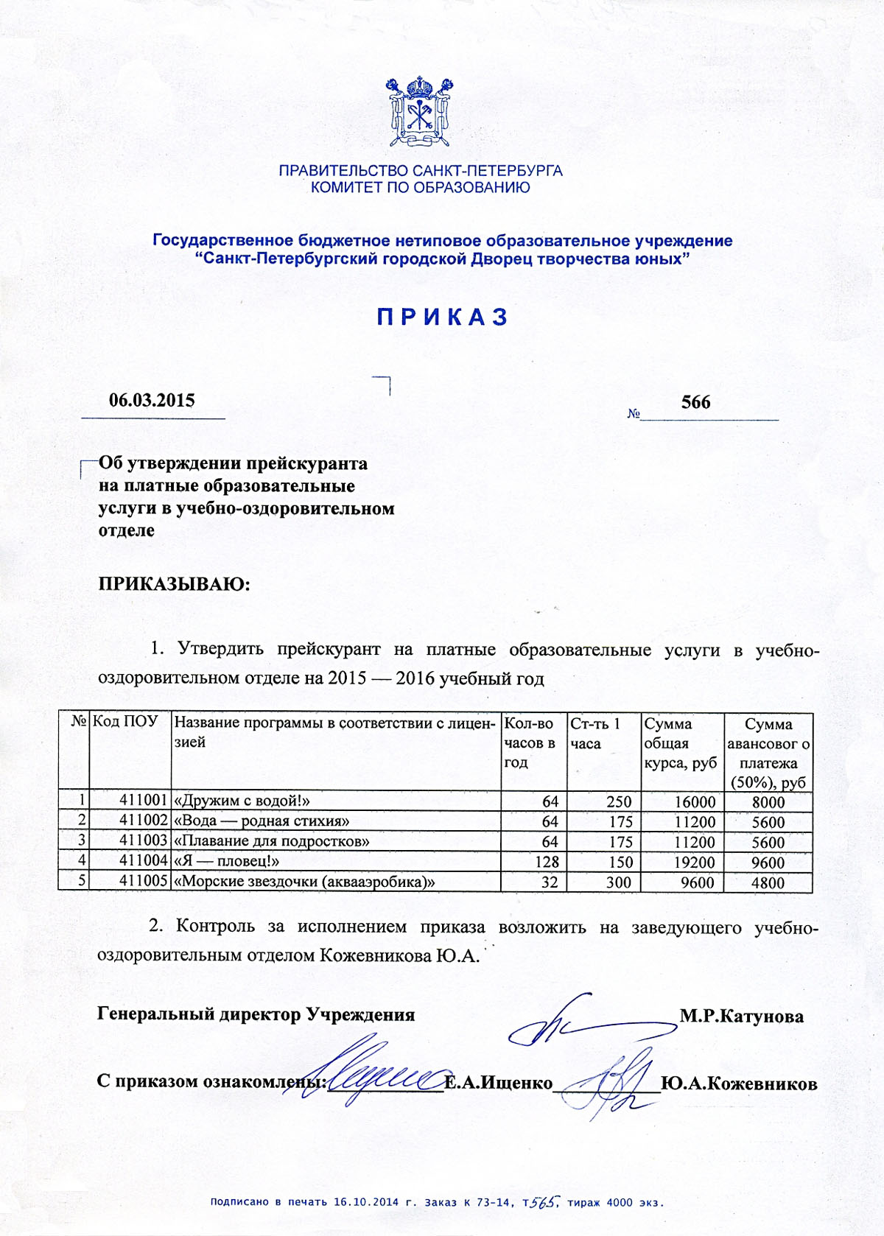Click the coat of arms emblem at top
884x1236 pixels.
pos(420,112)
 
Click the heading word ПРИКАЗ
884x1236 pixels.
pos(443,317)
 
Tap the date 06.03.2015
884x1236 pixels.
pos(152,401)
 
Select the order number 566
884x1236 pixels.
pos(695,402)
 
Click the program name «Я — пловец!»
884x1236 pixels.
pos(226,861)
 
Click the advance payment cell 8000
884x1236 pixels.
pos(768,802)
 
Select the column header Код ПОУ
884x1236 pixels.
pos(125,722)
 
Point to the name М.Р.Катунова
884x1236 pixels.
pos(741,1016)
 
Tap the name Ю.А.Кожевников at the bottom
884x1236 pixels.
pos(739,1084)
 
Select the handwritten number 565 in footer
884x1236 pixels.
pos(546,1201)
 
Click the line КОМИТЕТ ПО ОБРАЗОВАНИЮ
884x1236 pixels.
pos(420,188)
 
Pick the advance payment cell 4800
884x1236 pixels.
pos(768,882)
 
